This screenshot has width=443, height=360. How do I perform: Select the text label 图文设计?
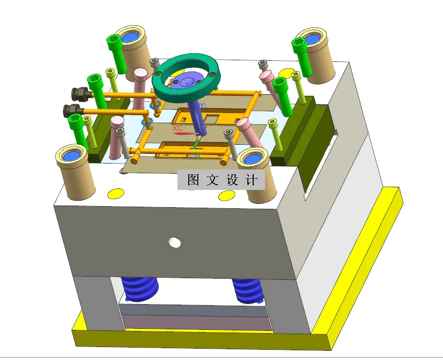221,180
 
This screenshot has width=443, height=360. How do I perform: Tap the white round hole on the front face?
174,243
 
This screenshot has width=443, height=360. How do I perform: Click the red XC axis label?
177,129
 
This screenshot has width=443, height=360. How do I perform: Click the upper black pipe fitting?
81,94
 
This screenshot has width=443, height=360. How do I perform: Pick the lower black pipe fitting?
72,111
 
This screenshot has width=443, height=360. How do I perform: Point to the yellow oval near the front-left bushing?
115,193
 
